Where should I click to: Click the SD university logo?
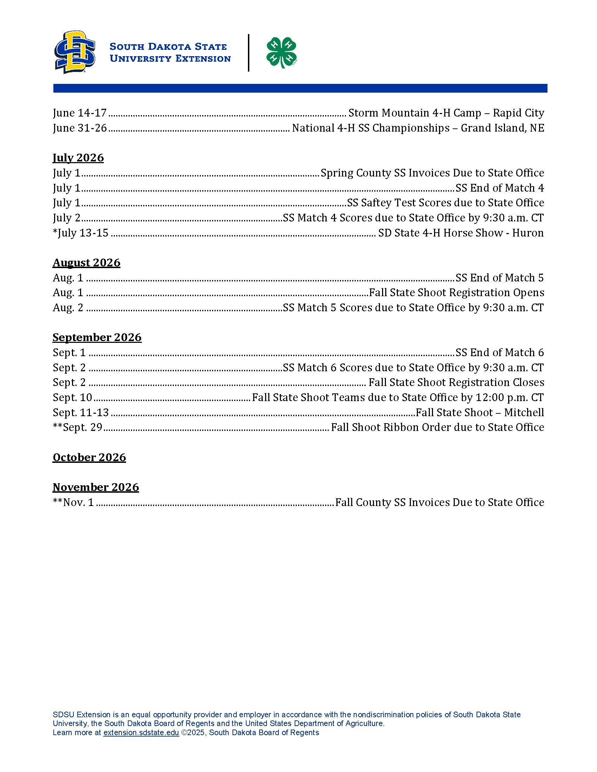coord(74,52)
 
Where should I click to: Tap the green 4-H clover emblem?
coord(281,52)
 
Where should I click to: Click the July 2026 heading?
coord(78,158)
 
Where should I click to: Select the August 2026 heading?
coord(86,262)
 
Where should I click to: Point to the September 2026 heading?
coord(97,338)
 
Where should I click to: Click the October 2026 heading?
coord(89,457)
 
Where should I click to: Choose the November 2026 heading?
coord(96,487)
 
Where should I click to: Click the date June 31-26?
coord(80,128)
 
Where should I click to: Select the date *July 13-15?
coord(80,233)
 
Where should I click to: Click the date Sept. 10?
coord(72,398)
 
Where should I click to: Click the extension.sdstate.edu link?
coord(141,733)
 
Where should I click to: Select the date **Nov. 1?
coord(73,503)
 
